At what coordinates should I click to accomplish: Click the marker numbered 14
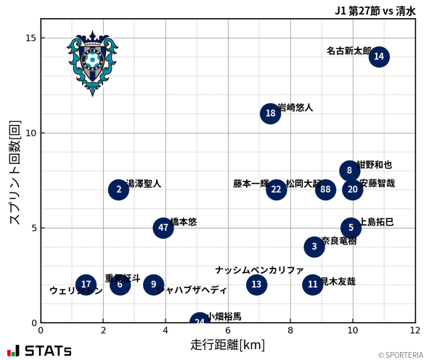coord(379,57)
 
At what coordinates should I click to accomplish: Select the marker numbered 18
coord(271,113)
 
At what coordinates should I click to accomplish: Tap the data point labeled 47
coord(164,228)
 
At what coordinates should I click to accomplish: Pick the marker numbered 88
coord(326,189)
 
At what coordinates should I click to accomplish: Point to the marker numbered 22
coord(276,189)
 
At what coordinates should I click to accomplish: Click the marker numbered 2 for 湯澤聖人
coord(119,189)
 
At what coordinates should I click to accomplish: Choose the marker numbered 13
coord(256,285)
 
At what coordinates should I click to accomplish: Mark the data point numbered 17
coord(86,285)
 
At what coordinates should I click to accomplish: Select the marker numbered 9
coord(153,285)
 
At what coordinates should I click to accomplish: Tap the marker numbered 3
coord(314,247)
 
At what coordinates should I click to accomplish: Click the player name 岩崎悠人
coord(295,107)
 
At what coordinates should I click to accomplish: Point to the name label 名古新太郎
coord(348,52)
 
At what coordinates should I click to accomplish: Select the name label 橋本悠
coord(183,222)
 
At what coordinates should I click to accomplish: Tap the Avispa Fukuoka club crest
coord(92,62)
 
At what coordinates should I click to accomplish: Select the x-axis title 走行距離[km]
coord(227,343)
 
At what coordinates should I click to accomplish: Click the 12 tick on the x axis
coord(414,330)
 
